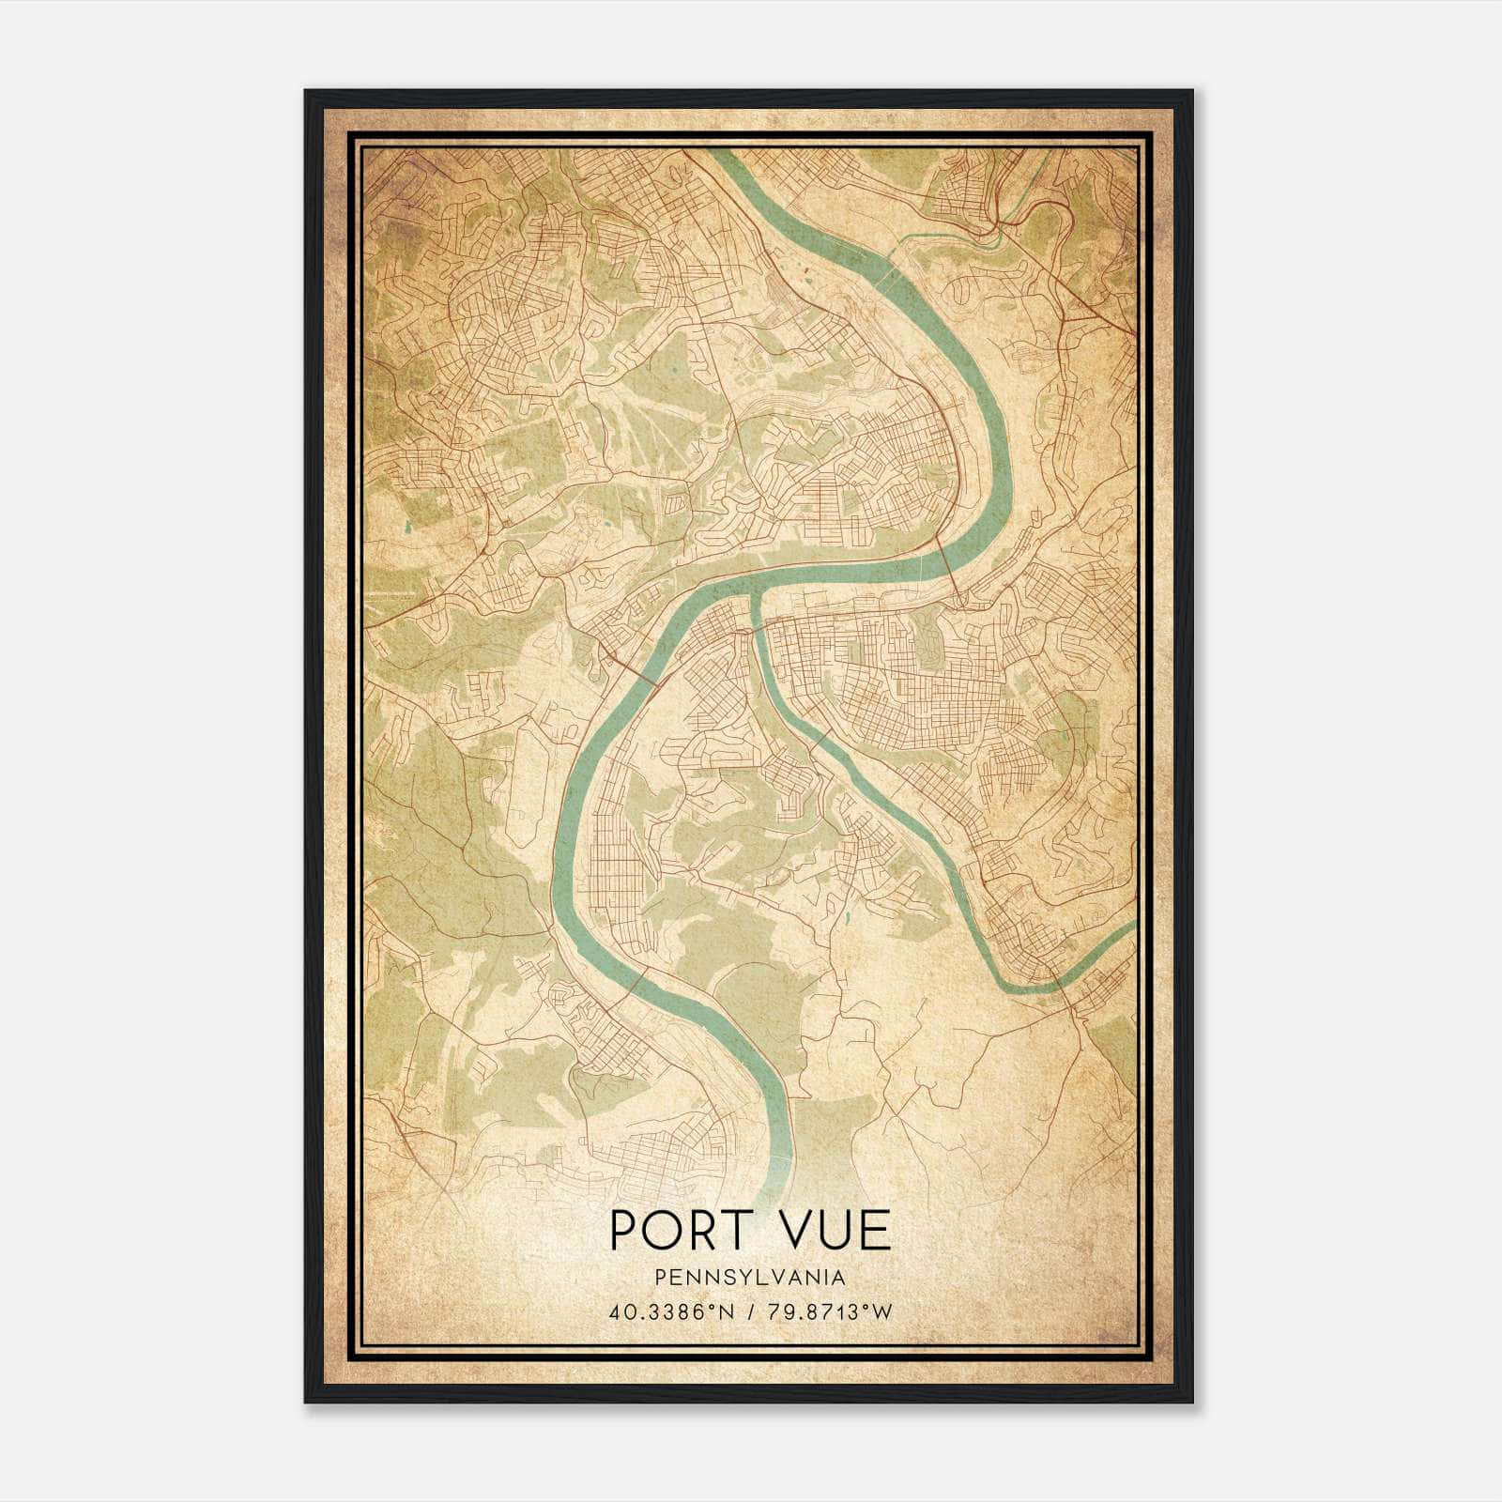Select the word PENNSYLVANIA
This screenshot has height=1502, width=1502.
750,1278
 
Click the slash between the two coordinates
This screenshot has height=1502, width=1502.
750,1311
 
